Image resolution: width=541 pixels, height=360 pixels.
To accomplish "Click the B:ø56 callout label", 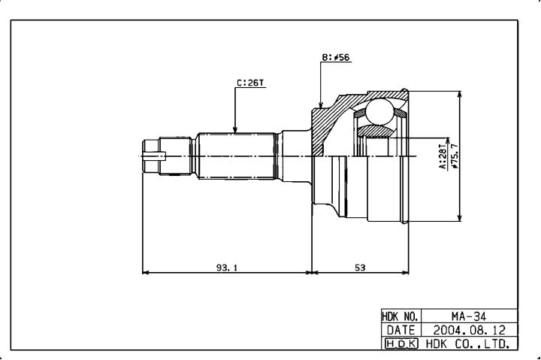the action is (336, 57).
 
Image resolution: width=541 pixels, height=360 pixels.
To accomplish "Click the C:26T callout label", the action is (250, 83).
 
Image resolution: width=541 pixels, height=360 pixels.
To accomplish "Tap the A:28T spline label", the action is (443, 157).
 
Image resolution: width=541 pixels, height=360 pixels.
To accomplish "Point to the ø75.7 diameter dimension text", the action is (455, 156).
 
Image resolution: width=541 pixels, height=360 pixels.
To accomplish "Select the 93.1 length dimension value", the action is (227, 268).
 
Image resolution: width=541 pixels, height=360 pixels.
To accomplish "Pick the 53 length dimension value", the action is (359, 268).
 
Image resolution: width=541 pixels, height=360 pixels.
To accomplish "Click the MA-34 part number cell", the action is (469, 316).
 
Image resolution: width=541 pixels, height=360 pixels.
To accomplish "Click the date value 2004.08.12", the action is (469, 330).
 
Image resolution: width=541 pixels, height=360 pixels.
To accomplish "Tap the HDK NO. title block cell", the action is (400, 316).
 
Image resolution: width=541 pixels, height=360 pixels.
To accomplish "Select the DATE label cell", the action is (400, 330).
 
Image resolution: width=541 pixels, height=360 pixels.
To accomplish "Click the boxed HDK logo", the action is (401, 343).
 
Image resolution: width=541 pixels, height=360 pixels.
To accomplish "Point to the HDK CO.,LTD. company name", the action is (468, 343).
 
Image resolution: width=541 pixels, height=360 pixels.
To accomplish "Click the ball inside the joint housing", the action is (379, 111).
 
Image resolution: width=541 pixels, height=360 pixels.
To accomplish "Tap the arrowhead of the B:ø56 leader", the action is (321, 105).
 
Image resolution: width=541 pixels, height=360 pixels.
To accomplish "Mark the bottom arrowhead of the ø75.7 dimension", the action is (459, 217).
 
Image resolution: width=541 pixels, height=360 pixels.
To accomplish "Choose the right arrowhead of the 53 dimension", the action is (405, 273).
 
